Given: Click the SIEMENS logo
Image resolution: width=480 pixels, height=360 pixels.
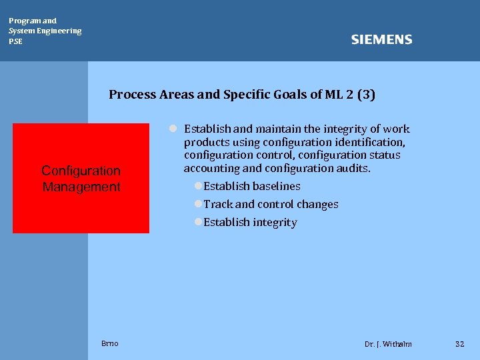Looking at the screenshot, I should coord(381,40).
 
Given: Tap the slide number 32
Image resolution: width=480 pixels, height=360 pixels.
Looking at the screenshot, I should coord(459,344).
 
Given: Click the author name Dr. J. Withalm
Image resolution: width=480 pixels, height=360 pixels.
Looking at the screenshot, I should coord(388,344).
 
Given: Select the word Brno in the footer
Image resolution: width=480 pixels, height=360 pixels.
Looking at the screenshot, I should coord(110,343).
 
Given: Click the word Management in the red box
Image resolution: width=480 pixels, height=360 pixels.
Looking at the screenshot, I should coord(81,187).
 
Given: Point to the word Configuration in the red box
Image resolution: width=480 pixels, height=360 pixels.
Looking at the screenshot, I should coord(81,171).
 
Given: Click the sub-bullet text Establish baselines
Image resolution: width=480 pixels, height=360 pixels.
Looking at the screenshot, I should coord(252,187).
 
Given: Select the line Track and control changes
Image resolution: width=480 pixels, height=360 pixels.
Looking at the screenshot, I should coord(271,205).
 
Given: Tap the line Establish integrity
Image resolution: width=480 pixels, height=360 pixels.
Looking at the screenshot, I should coord(250,223).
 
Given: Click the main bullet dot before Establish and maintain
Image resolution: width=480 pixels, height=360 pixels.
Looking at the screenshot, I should coord(172,129).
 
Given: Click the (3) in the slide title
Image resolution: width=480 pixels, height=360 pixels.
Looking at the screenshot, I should coord(366,95).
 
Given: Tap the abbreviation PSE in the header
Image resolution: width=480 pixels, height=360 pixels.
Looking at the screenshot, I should coord(15,41).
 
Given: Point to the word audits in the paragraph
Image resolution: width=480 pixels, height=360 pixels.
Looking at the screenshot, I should coord(353,169).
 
